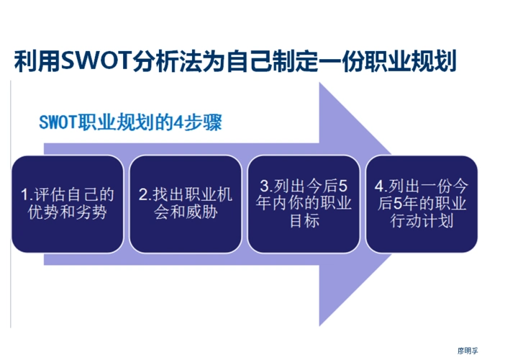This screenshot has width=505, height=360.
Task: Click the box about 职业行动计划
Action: (x=422, y=204)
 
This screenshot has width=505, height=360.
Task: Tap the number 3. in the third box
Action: (x=263, y=184)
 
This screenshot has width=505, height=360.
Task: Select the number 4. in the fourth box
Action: (x=382, y=184)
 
